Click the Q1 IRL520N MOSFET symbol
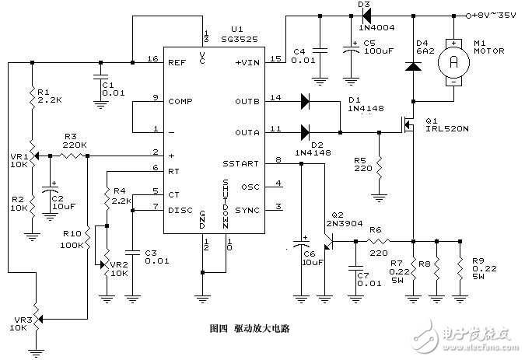pos(408,122)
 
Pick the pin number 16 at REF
pos(152,59)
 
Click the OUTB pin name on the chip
pos(247,100)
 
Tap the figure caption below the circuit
pos(255,329)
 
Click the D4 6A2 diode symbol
pos(414,67)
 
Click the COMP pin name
pos(180,100)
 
